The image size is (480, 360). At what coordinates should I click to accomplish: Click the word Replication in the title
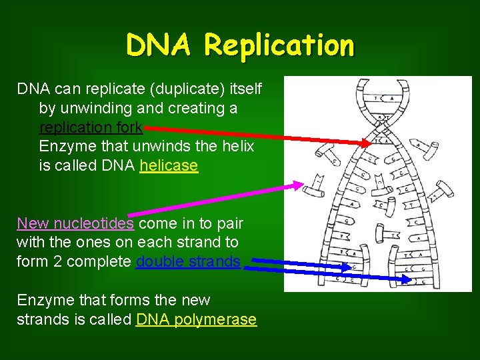(280, 45)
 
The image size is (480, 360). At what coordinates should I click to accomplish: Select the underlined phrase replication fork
(91, 127)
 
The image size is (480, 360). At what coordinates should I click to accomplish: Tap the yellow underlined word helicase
(169, 165)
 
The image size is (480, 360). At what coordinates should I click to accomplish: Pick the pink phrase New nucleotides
(75, 223)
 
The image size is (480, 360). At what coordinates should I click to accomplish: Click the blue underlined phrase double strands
(188, 261)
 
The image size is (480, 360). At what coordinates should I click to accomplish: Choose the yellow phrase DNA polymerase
(196, 319)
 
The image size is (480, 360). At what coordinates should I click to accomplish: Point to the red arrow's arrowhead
(367, 142)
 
